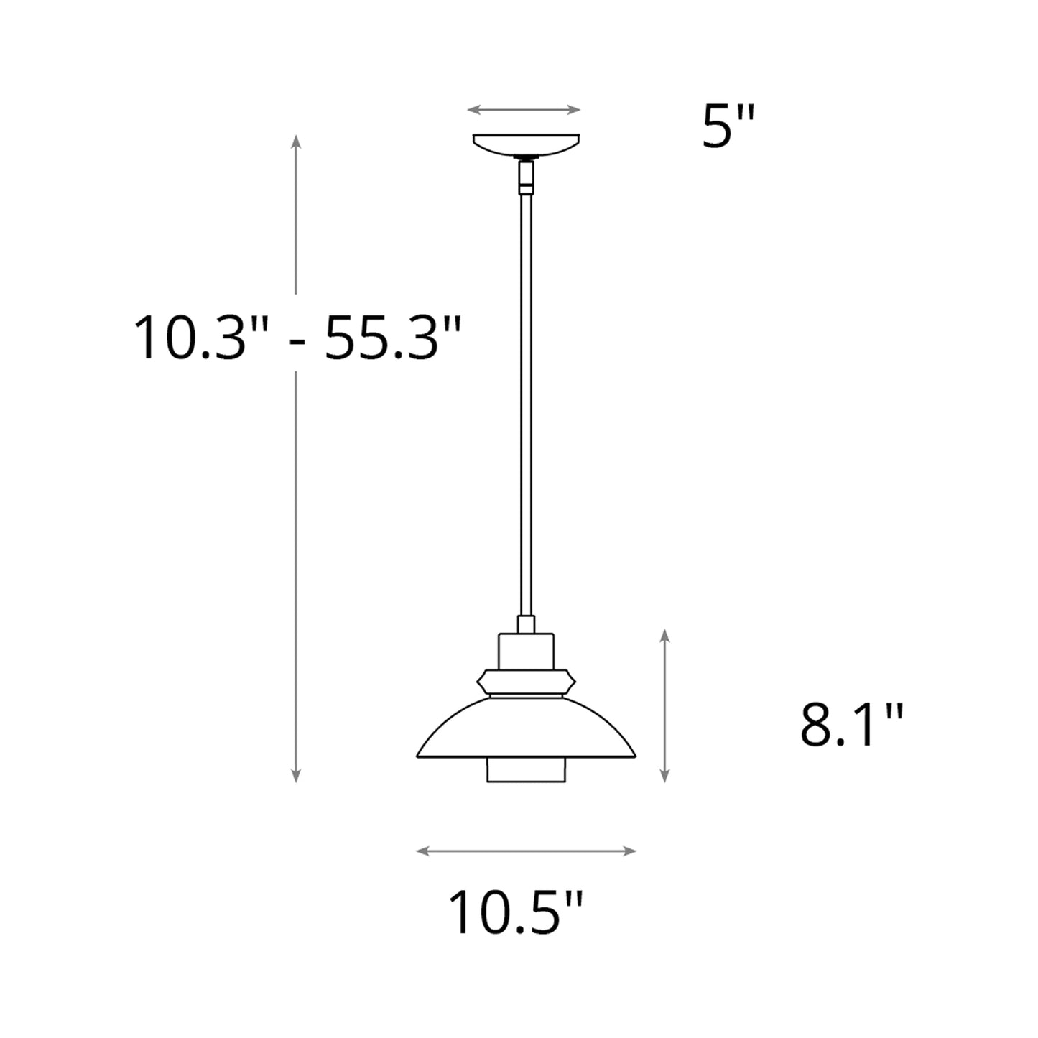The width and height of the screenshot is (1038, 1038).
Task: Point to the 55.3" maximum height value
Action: tap(390, 338)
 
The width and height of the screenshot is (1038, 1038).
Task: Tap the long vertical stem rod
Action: tap(526, 402)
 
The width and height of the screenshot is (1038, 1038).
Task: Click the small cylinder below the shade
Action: tap(526, 771)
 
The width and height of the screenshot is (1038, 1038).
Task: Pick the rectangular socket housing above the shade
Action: tap(526, 650)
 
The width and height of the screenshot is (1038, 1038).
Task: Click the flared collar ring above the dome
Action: tap(526, 682)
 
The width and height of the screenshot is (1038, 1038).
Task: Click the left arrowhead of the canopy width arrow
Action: tap(471, 110)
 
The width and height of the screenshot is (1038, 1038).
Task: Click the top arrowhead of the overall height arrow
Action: tap(295, 139)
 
